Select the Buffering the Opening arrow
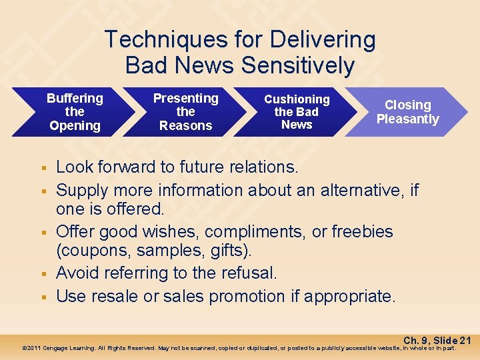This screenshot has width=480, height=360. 75,112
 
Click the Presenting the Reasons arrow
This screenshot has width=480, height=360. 185,112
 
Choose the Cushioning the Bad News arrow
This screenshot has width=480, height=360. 297,112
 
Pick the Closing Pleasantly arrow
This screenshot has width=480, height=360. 407,112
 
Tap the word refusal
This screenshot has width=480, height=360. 249,273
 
